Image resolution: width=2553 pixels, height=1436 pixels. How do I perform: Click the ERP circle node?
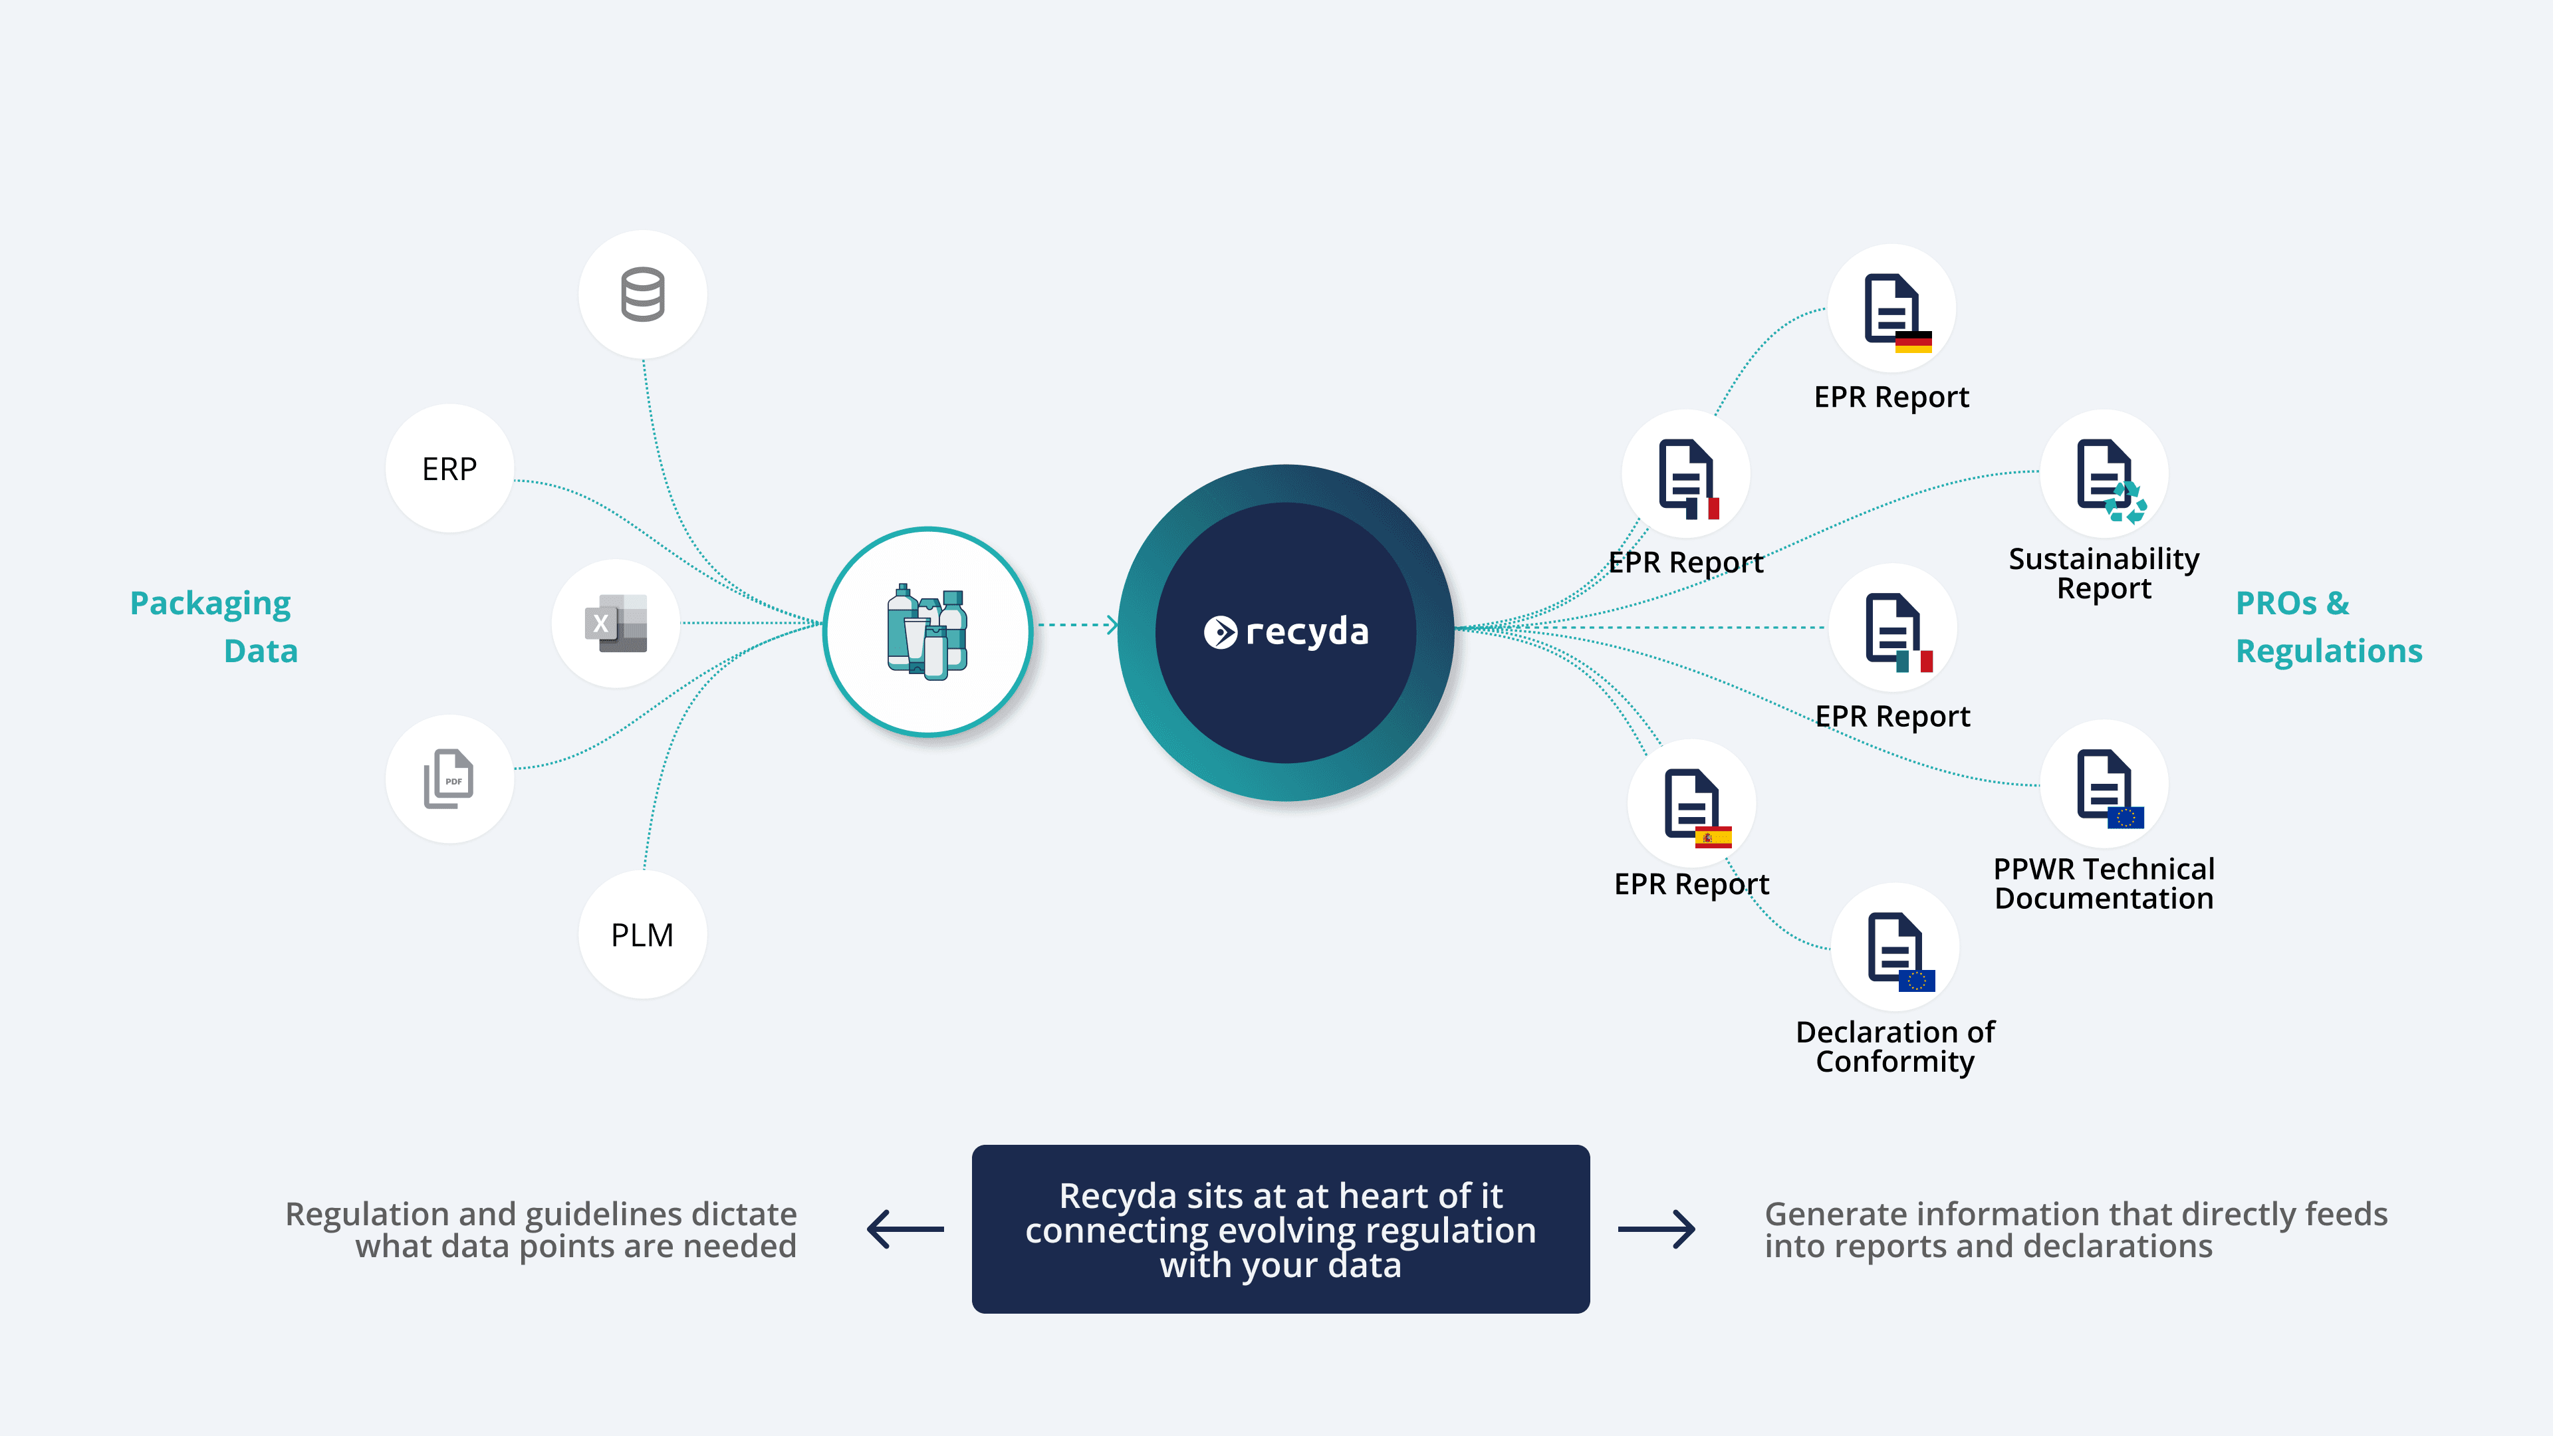449,469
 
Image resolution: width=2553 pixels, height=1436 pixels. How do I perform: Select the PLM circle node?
642,935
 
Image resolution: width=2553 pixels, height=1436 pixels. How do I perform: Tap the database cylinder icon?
642,295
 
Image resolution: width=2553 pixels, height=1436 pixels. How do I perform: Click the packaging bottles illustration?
927,632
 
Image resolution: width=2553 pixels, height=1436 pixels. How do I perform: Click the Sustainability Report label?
2103,573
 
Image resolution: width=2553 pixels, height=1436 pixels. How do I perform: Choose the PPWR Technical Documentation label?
2103,883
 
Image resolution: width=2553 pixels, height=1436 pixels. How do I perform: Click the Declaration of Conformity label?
1895,1046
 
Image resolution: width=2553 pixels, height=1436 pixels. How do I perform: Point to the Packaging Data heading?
213,626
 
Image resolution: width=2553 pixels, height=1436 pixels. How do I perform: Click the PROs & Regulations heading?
2328,626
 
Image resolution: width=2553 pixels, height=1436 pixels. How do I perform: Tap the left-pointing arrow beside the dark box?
905,1229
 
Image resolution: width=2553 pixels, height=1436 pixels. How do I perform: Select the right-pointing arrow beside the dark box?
1656,1229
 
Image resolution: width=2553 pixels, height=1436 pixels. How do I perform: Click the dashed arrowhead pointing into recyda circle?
1112,624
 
